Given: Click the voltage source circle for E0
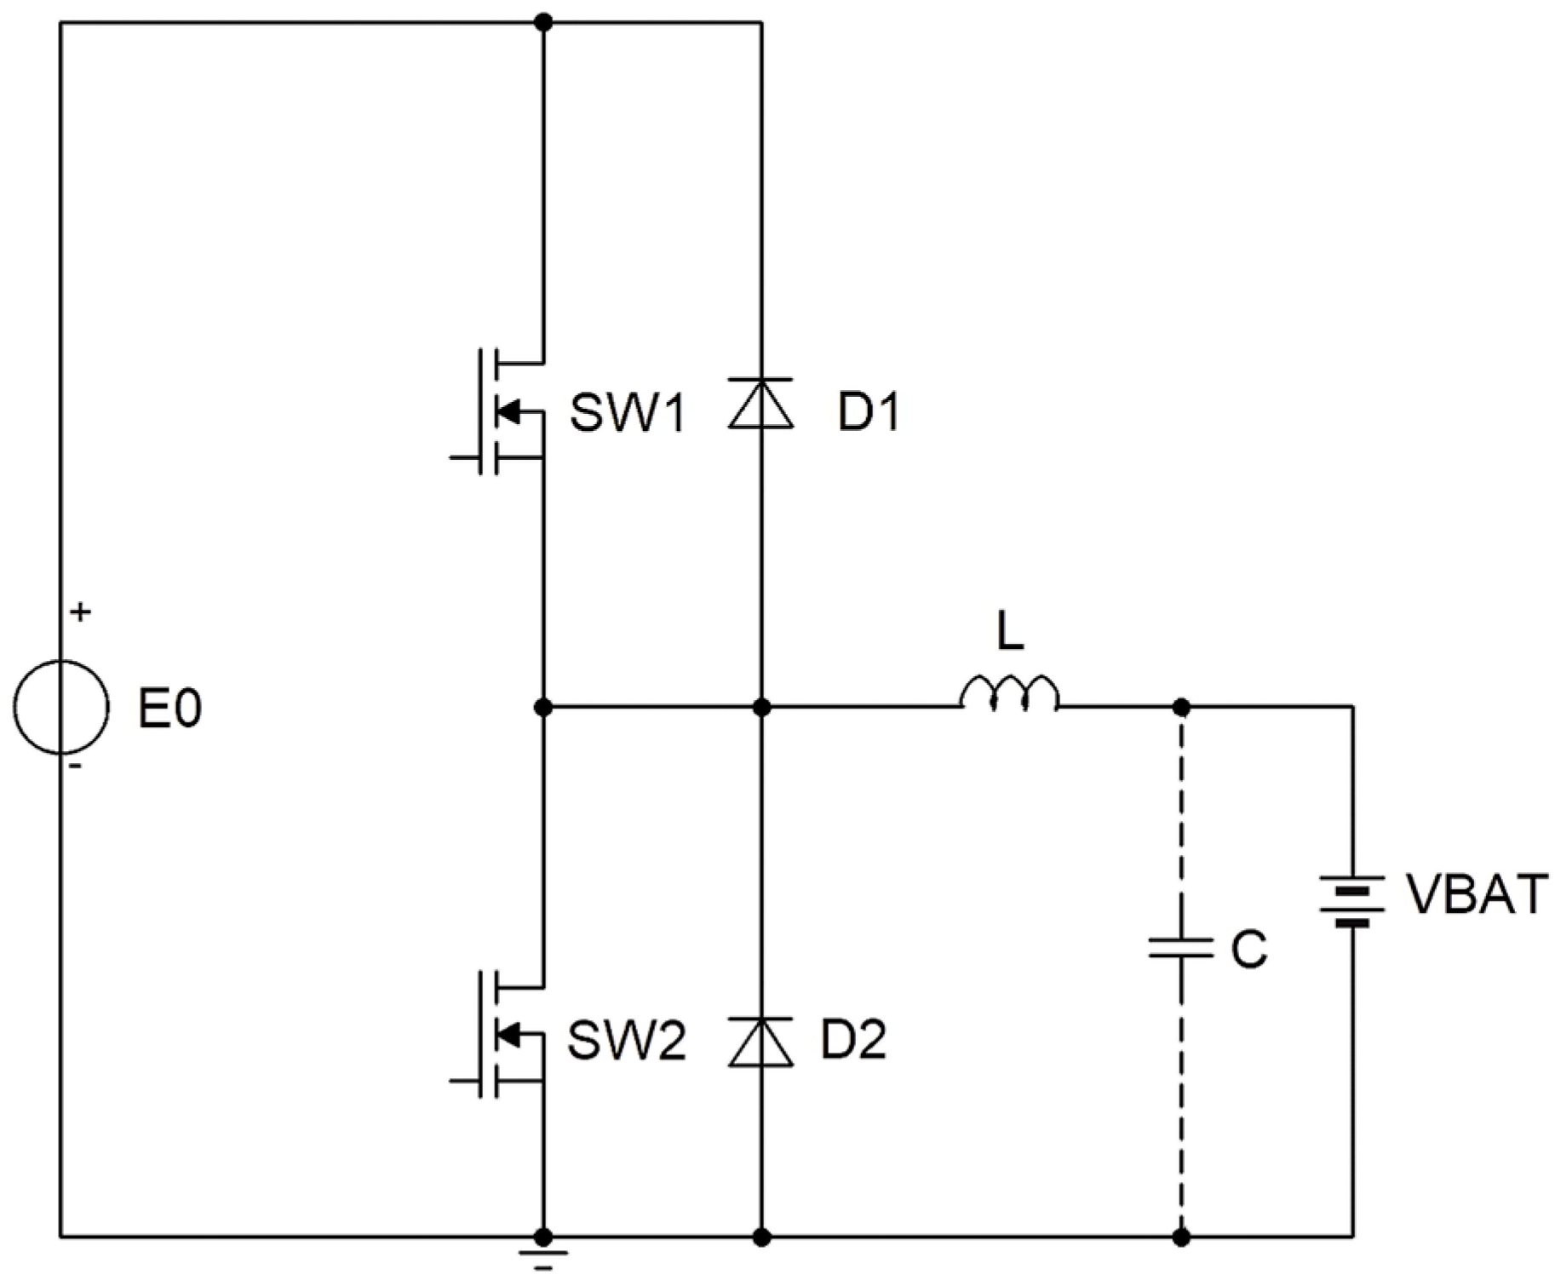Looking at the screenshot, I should tap(60, 707).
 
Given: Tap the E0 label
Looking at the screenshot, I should tap(169, 709).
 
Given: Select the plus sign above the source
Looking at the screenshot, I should tap(80, 611).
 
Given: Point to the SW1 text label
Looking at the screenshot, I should tap(628, 415).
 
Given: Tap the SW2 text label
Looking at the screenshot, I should tap(627, 1041).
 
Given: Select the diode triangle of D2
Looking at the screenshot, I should tap(760, 1042).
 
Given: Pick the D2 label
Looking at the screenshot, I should tap(852, 1040).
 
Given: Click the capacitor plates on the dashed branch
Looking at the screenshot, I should tap(1180, 948).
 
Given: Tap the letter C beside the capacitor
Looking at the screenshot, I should tap(1249, 949).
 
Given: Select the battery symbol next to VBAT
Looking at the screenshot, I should tap(1352, 901).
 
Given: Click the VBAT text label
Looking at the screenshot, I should tap(1476, 895).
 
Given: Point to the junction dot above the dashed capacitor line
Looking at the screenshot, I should tap(1181, 707).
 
